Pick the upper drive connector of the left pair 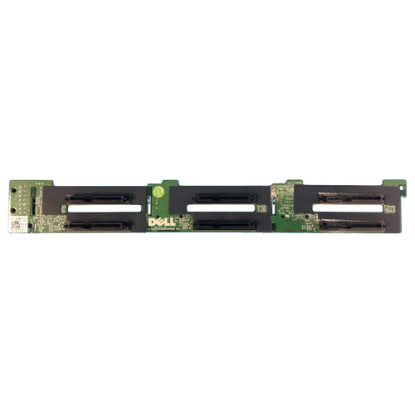pyautogui.click(x=97, y=199)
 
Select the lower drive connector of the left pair pyautogui.click(x=97, y=225)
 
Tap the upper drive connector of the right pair pyautogui.click(x=352, y=198)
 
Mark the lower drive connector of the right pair pyautogui.click(x=352, y=223)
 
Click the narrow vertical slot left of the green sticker pyautogui.click(x=148, y=198)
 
